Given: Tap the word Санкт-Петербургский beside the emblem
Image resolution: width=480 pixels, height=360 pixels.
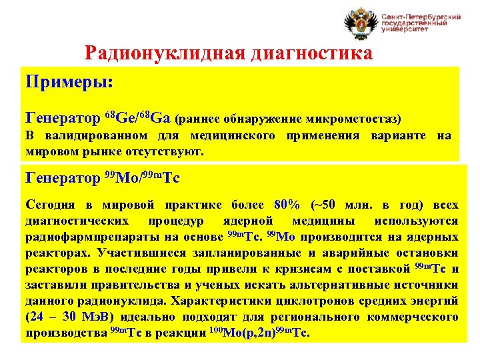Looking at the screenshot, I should [421, 16].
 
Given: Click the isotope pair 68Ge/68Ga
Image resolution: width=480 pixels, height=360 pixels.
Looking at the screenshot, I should [138, 119].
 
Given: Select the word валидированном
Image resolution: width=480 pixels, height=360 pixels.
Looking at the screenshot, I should [96, 137].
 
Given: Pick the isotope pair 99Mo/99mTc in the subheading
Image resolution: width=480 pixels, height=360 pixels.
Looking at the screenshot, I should [142, 178].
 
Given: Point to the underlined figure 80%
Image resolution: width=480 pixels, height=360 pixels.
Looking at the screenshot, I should [287, 204].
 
